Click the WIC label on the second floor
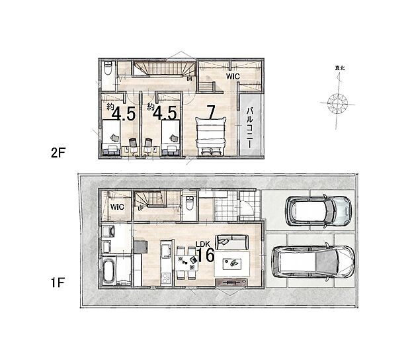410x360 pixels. (232, 77)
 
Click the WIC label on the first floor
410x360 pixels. (117, 206)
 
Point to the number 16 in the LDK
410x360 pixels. (206, 255)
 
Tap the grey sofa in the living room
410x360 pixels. (231, 242)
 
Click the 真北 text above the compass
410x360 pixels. (339, 67)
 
